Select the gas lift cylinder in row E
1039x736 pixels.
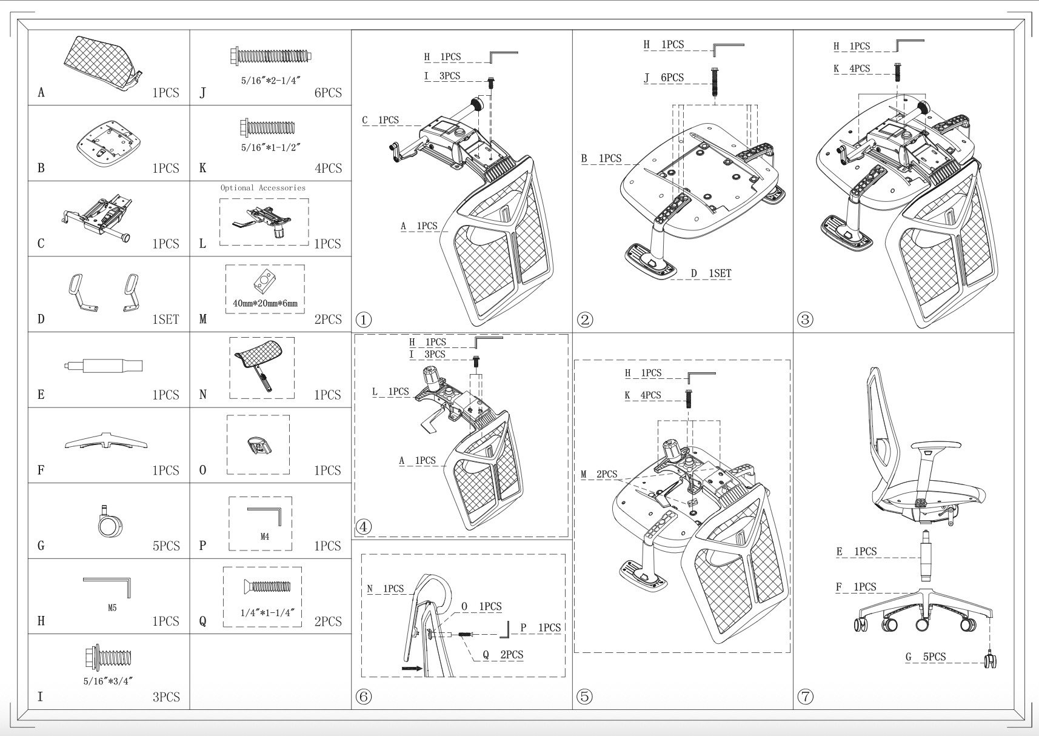tap(104, 366)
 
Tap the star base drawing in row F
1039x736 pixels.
tap(106, 441)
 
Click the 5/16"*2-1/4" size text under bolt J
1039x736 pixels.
tap(270, 81)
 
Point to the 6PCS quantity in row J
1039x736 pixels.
tap(328, 93)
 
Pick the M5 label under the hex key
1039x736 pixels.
tap(112, 608)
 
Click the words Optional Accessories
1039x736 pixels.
tap(263, 188)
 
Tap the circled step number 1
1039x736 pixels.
tap(363, 319)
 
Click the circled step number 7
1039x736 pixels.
tap(805, 697)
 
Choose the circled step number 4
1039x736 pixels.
tap(363, 526)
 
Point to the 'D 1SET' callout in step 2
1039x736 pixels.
tap(710, 273)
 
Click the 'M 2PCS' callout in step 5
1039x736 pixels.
tap(599, 474)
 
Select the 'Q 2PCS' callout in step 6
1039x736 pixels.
tap(503, 655)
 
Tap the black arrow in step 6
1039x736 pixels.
tap(412, 668)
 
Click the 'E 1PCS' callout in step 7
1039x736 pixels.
tap(856, 552)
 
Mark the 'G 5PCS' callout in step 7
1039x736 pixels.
tap(925, 657)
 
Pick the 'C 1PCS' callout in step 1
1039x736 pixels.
tap(380, 120)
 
